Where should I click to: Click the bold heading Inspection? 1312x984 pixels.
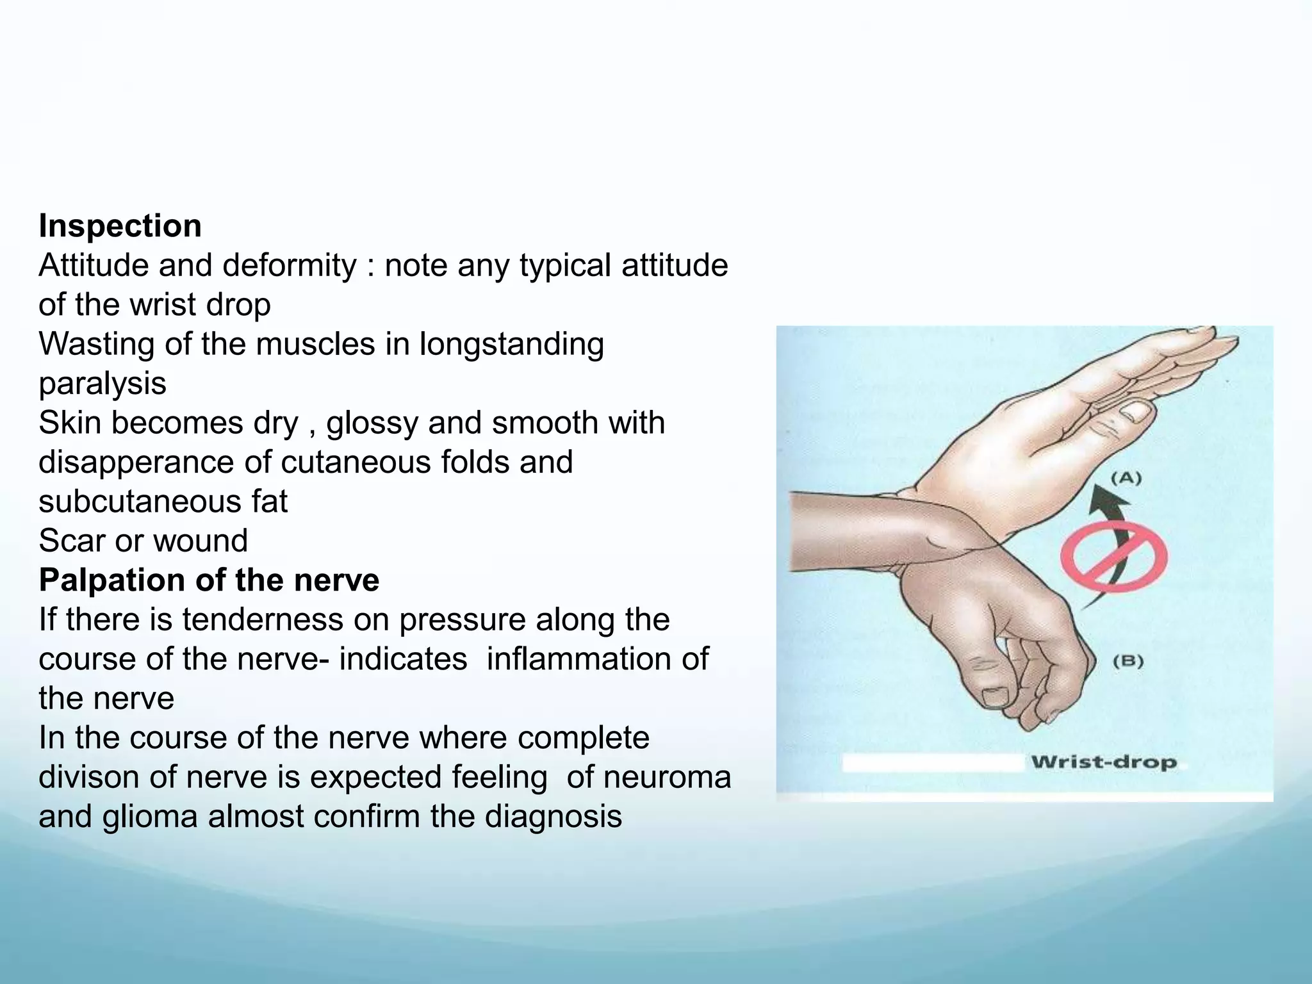(120, 226)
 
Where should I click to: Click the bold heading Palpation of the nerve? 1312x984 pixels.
(209, 580)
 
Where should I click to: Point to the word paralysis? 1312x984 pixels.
(102, 384)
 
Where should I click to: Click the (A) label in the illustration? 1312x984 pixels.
(1126, 478)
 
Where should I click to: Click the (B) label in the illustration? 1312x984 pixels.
(1127, 661)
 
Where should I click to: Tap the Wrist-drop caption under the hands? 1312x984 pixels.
(1103, 762)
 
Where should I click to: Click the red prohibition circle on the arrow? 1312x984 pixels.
(1113, 555)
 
